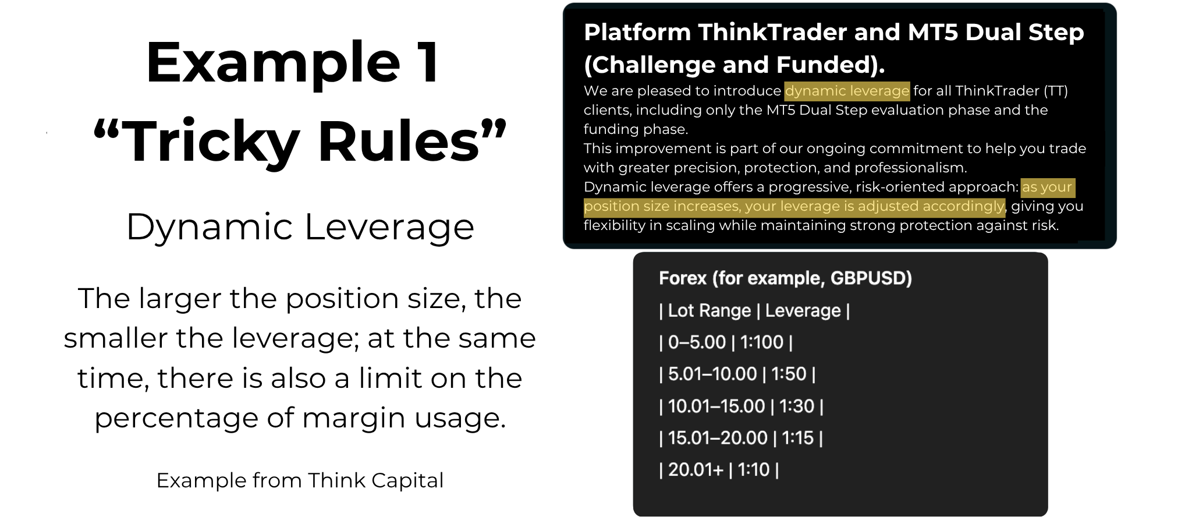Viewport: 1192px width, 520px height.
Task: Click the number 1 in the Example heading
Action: click(428, 62)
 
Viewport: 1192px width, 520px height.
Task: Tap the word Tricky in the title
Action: click(211, 142)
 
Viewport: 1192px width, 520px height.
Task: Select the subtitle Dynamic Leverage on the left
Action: click(300, 227)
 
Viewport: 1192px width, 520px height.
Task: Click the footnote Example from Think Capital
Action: click(300, 480)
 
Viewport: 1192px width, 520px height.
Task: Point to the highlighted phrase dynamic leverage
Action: click(846, 91)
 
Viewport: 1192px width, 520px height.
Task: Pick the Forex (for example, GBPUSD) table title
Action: click(785, 278)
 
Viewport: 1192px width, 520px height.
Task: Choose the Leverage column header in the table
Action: click(803, 310)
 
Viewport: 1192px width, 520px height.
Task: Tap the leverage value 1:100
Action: click(762, 342)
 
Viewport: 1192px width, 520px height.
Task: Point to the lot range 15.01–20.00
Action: click(717, 437)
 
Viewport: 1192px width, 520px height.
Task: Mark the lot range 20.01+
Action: click(695, 469)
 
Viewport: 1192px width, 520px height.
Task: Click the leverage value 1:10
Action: click(753, 469)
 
